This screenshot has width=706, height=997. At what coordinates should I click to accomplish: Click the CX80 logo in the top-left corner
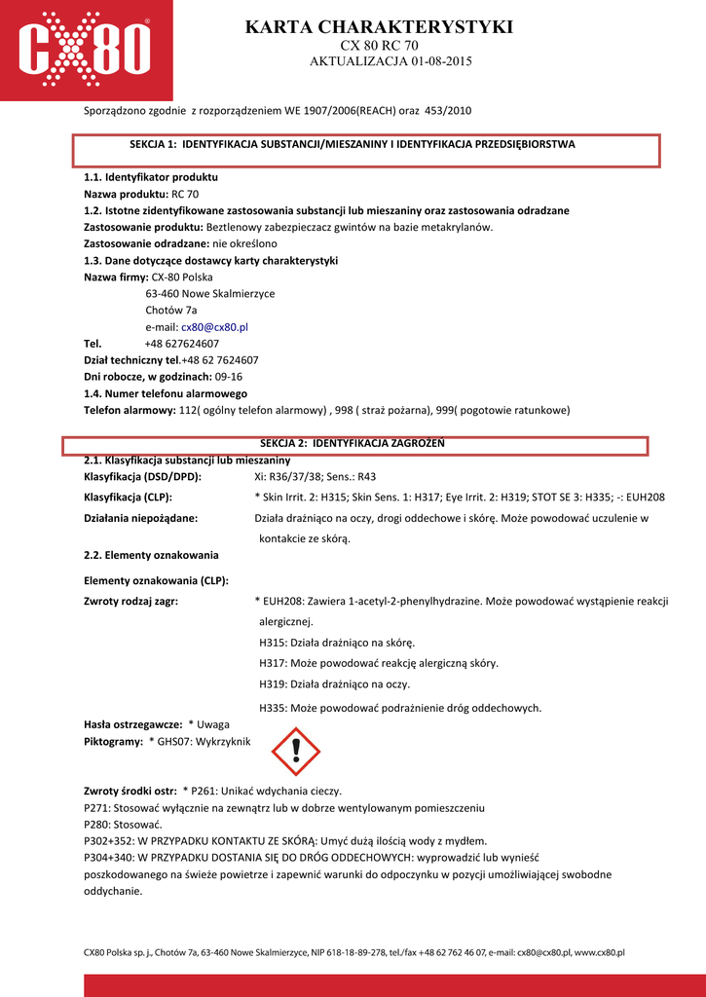[x=86, y=50]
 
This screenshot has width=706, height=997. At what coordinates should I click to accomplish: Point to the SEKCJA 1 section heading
[x=352, y=144]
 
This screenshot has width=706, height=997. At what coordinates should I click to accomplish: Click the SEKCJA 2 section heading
[x=352, y=443]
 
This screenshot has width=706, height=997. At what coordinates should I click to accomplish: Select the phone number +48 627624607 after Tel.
[x=181, y=344]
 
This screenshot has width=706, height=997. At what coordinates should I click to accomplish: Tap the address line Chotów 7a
[x=170, y=311]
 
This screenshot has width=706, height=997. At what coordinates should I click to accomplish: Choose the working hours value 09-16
[x=228, y=377]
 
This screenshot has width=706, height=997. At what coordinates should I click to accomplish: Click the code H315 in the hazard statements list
[x=273, y=643]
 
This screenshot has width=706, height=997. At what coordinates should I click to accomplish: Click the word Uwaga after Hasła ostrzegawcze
[x=213, y=725]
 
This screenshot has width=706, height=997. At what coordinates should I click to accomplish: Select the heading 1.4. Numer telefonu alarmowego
[x=166, y=393]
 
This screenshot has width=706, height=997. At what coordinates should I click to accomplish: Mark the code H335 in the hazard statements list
[x=273, y=708]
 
